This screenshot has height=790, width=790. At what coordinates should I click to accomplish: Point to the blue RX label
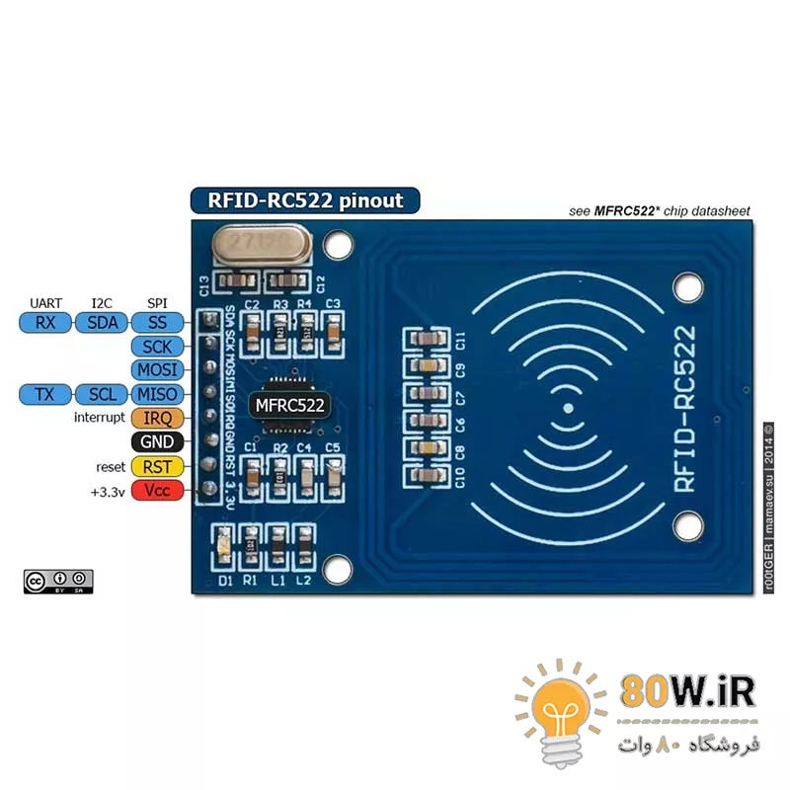pos(44,322)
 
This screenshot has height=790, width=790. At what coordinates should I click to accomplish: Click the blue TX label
pos(44,394)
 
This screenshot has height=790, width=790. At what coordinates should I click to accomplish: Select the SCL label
pos(101,394)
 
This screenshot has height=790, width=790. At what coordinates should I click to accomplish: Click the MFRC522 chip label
pos(288,404)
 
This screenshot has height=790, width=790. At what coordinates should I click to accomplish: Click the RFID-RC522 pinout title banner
pos(305,199)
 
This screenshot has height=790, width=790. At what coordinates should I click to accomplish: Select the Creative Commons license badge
pos(58,582)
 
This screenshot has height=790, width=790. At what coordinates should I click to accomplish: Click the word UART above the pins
pos(45,302)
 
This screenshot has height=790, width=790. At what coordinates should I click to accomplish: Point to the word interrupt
pos(99,418)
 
